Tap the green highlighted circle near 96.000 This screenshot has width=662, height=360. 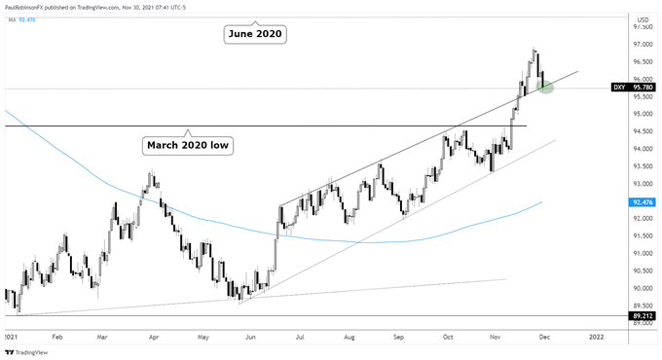click(x=545, y=87)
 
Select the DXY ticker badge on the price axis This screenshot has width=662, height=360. click(x=618, y=89)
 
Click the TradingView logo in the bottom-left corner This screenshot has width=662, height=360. click(x=27, y=351)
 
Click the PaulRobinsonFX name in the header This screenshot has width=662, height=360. click(x=35, y=5)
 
